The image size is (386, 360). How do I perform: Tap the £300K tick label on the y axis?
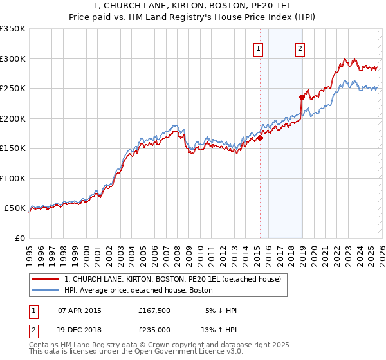13,59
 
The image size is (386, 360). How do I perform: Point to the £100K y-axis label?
13,178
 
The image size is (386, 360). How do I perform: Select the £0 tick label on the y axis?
19,238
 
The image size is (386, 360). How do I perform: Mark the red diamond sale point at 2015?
260,138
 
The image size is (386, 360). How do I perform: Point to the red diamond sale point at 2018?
302,97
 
